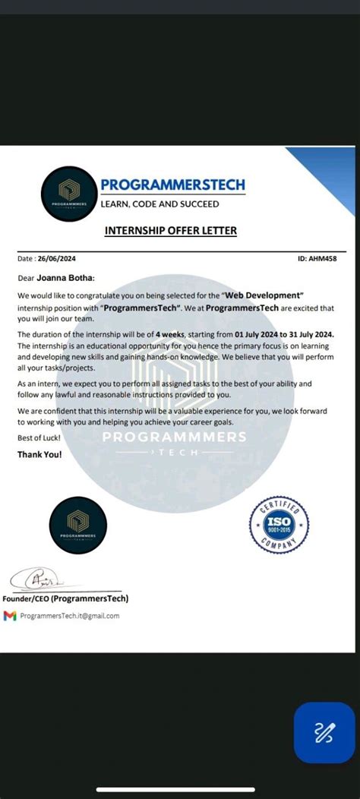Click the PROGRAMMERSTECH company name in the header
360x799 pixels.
coord(172,185)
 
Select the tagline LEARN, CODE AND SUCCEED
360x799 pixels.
coord(160,204)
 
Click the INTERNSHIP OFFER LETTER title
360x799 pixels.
coord(170,230)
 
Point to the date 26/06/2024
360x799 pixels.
coord(58,258)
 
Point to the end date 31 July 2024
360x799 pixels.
coord(313,334)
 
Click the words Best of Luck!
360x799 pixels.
coord(38,438)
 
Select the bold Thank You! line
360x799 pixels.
coord(39,454)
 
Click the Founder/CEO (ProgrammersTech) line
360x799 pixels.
coord(65,598)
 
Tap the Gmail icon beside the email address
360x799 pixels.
coord(10,616)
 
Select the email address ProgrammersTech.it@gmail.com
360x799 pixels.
coord(70,616)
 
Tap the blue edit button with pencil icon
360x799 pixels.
coord(324,732)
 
